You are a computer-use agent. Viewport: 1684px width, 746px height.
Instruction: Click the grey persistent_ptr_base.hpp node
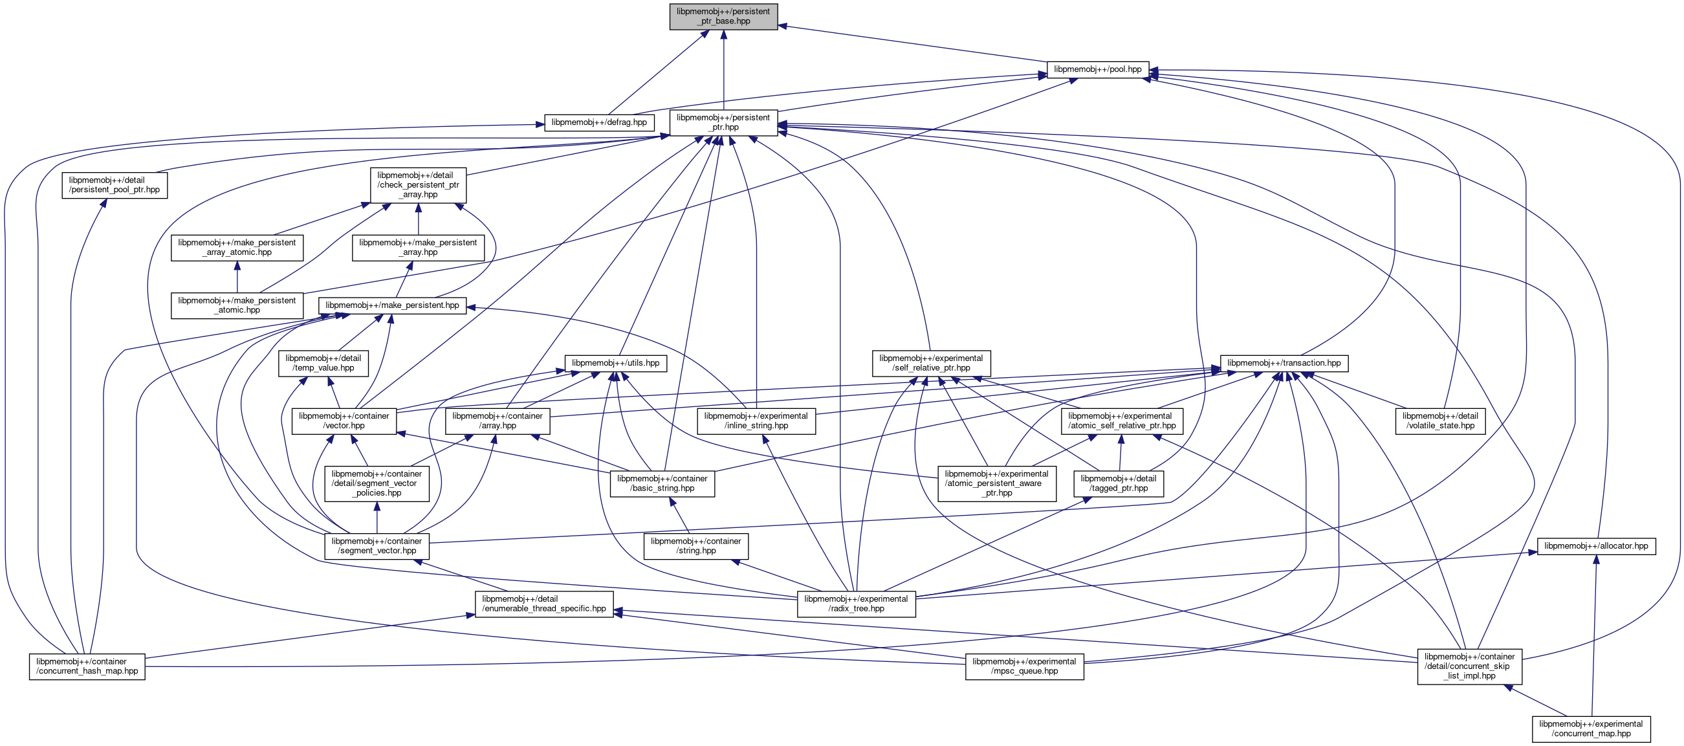[x=723, y=16]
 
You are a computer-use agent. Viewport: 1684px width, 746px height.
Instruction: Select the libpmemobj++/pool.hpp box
[x=1098, y=69]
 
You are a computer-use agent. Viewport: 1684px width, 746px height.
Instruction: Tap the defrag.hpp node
[x=599, y=122]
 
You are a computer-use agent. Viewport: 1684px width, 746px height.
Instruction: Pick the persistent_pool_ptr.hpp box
[x=115, y=185]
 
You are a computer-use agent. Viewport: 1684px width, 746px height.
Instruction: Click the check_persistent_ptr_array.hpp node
[x=419, y=185]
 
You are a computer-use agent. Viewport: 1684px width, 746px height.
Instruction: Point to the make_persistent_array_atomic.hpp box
[x=237, y=247]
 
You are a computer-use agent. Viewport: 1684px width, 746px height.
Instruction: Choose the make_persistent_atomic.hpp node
[x=237, y=305]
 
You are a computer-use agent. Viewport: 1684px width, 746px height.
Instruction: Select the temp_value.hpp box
[x=323, y=363]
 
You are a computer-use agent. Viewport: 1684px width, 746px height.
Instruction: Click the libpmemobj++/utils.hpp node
[x=615, y=363]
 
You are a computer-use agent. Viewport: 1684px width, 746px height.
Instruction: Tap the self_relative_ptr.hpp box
[x=931, y=363]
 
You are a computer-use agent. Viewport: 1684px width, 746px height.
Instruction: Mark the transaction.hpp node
[x=1284, y=363]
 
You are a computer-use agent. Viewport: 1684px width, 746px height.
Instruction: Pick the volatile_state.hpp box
[x=1439, y=421]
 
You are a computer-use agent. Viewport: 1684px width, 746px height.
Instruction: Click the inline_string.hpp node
[x=756, y=421]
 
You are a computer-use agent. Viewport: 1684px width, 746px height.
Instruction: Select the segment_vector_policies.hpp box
[x=377, y=483]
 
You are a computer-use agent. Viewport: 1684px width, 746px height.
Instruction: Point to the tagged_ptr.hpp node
[x=1118, y=483]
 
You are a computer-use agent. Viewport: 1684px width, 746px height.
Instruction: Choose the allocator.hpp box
[x=1596, y=546]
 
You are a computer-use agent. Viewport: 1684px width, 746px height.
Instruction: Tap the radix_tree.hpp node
[x=856, y=604]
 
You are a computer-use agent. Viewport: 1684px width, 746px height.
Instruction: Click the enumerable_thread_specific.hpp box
[x=544, y=604]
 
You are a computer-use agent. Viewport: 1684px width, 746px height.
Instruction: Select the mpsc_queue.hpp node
[x=1023, y=666]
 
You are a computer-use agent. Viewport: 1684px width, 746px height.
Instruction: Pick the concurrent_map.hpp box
[x=1591, y=729]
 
